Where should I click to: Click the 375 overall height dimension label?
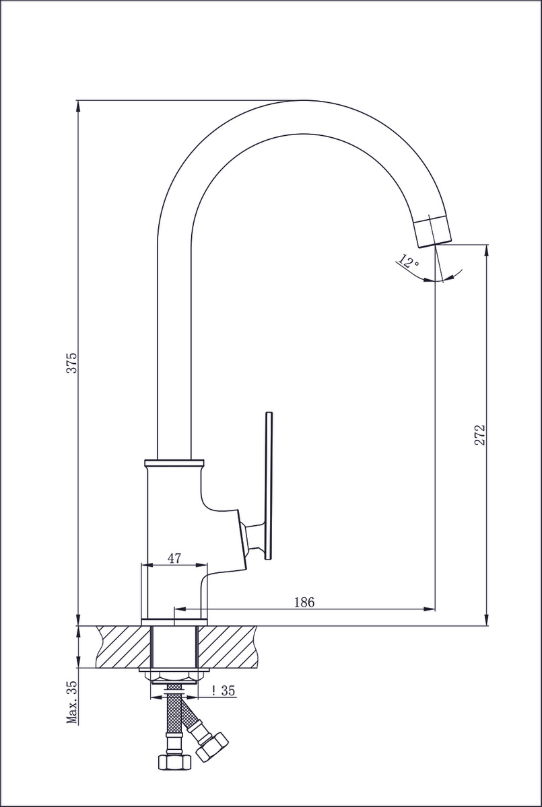point(72,362)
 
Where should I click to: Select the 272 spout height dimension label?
point(479,435)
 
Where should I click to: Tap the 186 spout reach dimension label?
point(304,602)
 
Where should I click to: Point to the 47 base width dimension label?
point(174,558)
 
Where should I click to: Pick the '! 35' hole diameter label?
point(224,690)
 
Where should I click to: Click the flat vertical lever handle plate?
point(269,486)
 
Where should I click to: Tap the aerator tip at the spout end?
point(432,231)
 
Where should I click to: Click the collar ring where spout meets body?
point(174,462)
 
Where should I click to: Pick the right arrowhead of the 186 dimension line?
point(430,609)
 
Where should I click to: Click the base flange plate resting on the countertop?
point(174,622)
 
